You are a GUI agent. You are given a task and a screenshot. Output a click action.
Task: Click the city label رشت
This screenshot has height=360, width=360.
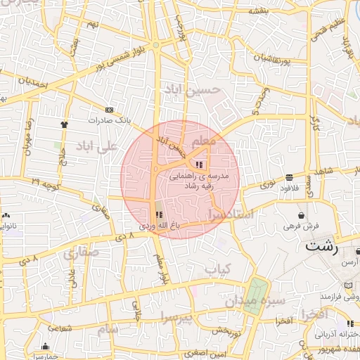(322, 247)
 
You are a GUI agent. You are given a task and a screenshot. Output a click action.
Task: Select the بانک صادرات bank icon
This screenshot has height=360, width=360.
(109, 110)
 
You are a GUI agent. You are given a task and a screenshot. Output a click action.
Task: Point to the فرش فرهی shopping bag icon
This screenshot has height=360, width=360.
(301, 215)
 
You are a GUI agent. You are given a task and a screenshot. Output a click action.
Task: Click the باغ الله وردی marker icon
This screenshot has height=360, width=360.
(157, 214)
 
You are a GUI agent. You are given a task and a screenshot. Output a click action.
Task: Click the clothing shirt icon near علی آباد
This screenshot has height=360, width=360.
(65, 122)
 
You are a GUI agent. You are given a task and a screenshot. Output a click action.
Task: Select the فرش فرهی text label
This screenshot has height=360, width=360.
(302, 226)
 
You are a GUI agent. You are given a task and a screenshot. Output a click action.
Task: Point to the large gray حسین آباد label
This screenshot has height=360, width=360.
(192, 89)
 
